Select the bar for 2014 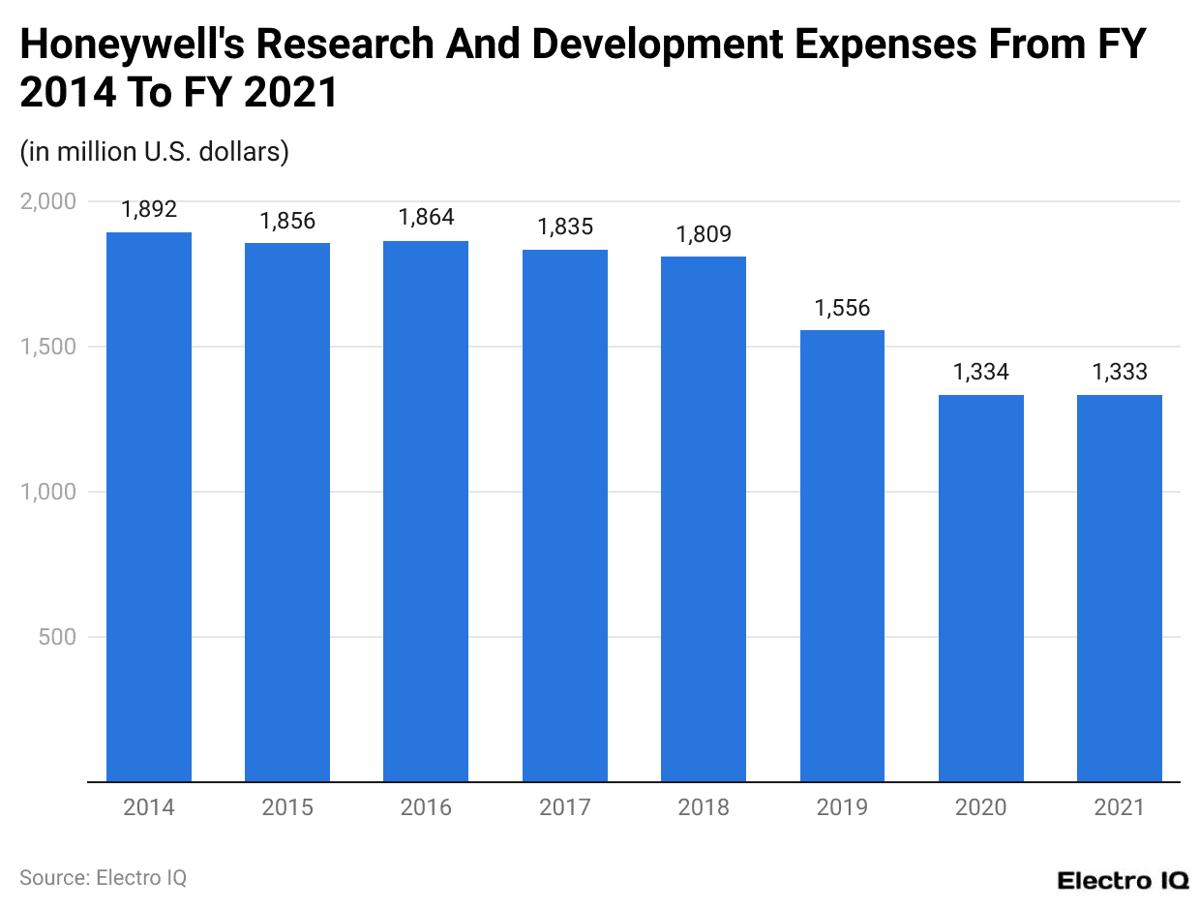149,506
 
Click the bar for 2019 842,556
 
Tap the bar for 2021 1120,588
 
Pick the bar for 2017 565,515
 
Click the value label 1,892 149,210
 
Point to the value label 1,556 842,308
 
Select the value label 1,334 981,373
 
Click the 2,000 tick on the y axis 47,201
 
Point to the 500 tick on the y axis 57,637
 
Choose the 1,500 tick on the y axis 47,347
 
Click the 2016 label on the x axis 426,807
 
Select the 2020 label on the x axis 981,807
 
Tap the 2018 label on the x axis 704,807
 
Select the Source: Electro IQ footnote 103,877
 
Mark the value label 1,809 704,234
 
